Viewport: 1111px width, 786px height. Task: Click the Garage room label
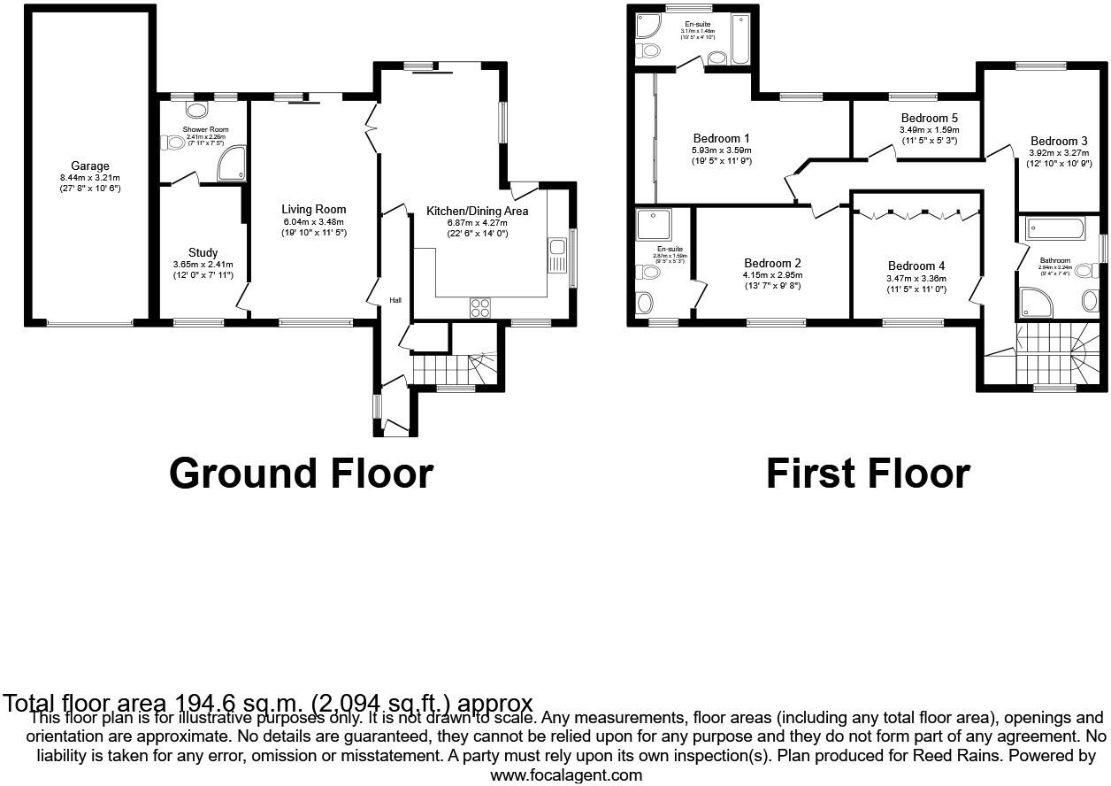click(91, 166)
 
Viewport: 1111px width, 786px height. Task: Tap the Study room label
click(203, 253)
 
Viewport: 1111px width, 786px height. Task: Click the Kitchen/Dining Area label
click(477, 212)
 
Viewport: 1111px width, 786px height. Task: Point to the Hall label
click(395, 301)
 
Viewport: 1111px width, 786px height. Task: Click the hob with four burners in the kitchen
click(479, 307)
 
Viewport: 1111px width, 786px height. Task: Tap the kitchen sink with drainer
click(556, 256)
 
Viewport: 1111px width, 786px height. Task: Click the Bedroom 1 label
click(721, 138)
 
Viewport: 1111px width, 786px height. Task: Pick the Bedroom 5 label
click(929, 118)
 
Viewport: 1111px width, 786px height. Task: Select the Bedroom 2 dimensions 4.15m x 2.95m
click(772, 275)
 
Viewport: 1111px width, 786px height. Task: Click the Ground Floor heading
click(301, 474)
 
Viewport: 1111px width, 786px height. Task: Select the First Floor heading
click(867, 474)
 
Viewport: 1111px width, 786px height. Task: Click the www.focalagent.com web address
click(566, 775)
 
